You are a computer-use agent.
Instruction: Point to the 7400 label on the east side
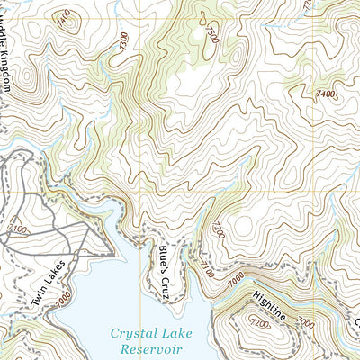[325, 93]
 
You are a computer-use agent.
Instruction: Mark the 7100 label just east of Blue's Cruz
[204, 267]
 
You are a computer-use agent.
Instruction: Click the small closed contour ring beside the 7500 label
[203, 17]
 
